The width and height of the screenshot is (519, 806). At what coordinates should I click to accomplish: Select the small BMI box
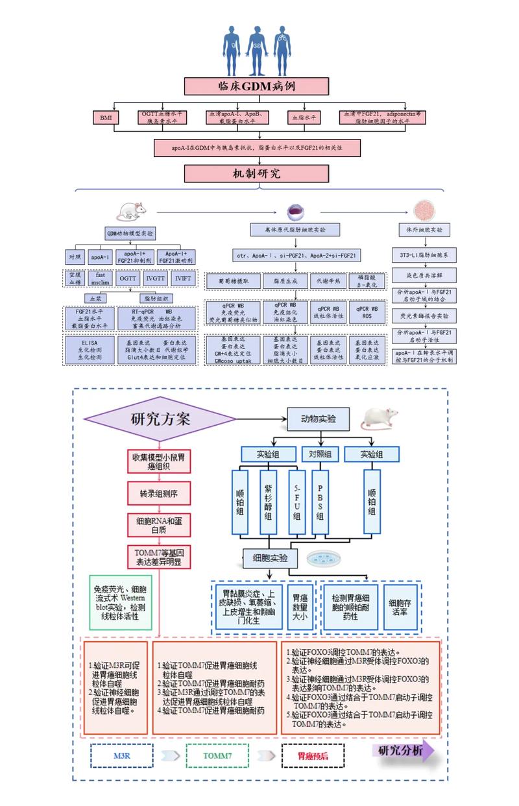(x=106, y=117)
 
